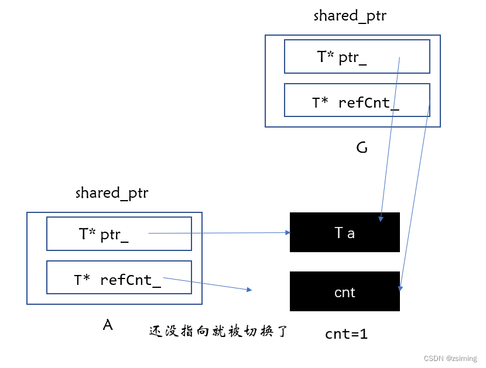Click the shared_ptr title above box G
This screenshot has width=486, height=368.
350,16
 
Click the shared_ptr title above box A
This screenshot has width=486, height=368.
112,193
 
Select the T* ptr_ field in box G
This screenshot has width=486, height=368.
357,56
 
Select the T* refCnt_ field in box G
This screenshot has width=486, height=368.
357,100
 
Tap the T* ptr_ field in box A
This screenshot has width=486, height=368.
119,234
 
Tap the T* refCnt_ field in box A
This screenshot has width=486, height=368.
119,278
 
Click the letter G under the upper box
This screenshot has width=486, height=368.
362,148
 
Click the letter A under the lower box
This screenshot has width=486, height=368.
107,325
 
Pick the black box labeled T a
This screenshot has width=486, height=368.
344,232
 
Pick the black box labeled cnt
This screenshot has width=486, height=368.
344,291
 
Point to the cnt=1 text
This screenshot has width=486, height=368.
346,334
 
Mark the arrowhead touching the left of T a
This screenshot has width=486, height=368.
288,232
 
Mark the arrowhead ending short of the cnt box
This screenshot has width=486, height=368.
249,290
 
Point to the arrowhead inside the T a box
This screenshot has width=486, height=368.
381,219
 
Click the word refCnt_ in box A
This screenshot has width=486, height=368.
130,279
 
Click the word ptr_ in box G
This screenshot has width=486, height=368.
352,57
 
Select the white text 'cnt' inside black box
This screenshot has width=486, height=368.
344,292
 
